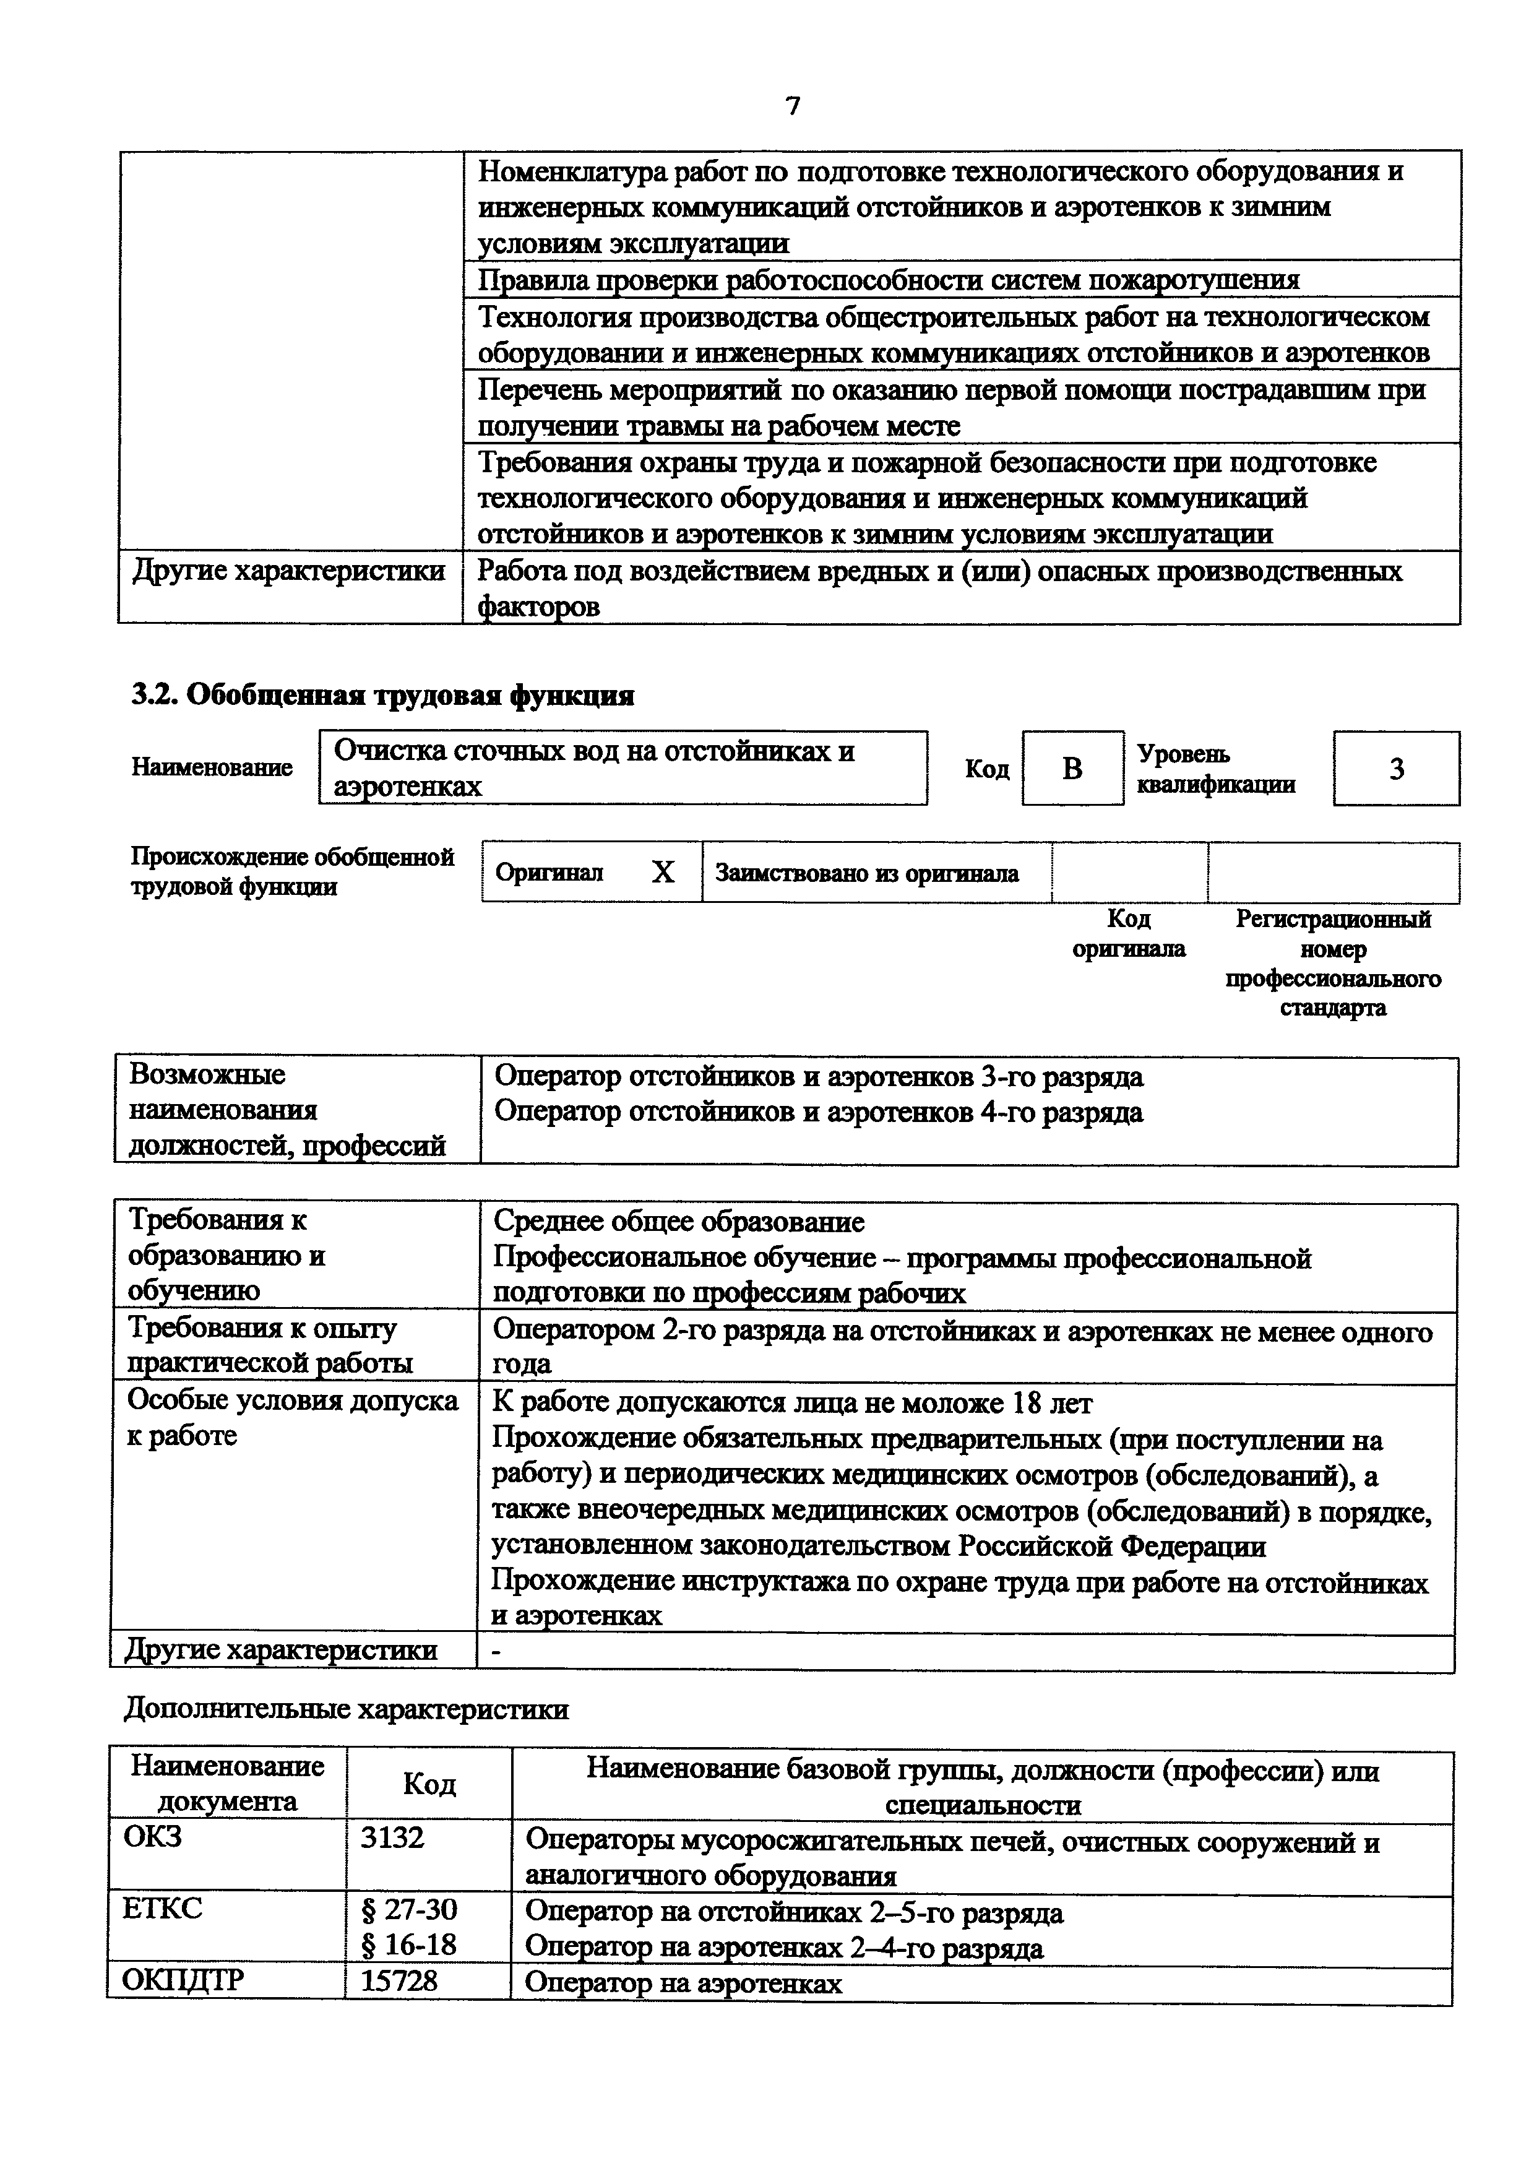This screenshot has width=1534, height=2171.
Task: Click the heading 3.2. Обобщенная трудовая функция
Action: click(382, 696)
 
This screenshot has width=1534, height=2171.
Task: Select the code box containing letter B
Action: click(1072, 769)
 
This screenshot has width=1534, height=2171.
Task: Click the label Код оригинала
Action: click(1129, 933)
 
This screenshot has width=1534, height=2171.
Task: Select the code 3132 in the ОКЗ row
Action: click(393, 1837)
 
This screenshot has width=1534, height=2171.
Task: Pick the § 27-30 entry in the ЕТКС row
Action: click(409, 1910)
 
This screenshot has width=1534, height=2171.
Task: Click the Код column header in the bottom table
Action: click(429, 1784)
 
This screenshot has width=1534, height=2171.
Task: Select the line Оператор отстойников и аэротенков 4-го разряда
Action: click(819, 1112)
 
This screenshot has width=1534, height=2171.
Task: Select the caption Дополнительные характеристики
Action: click(346, 1709)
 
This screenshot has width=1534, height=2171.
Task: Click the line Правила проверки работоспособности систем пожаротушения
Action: click(889, 280)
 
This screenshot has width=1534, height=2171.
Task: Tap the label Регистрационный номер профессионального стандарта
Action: click(1333, 962)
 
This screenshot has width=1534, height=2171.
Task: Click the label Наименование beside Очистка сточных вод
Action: click(212, 768)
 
